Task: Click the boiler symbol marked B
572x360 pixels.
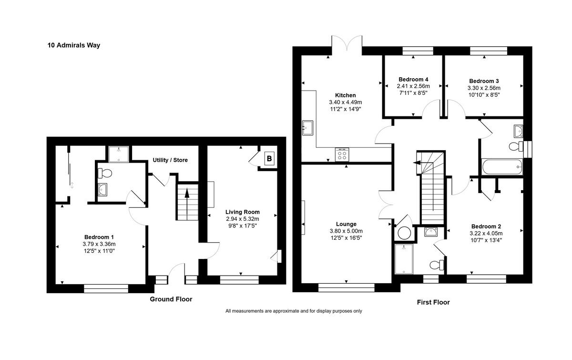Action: click(269, 158)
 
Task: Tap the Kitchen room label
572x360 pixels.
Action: click(345, 95)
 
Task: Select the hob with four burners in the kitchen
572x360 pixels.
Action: click(342, 154)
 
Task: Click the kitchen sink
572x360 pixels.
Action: click(307, 128)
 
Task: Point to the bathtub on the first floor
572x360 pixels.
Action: click(501, 167)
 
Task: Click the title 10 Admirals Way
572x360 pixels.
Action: click(73, 46)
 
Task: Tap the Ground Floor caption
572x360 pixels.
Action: click(171, 299)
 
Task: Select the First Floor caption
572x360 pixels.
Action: click(433, 302)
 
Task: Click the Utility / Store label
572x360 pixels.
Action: click(170, 160)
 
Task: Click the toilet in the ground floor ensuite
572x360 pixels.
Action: click(103, 173)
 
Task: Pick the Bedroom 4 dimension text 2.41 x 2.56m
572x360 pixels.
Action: click(413, 86)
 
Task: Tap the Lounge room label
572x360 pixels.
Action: click(346, 224)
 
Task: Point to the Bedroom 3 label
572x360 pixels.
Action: click(484, 81)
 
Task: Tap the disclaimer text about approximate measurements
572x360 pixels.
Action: click(294, 311)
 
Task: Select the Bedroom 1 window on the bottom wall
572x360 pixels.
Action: click(106, 288)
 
